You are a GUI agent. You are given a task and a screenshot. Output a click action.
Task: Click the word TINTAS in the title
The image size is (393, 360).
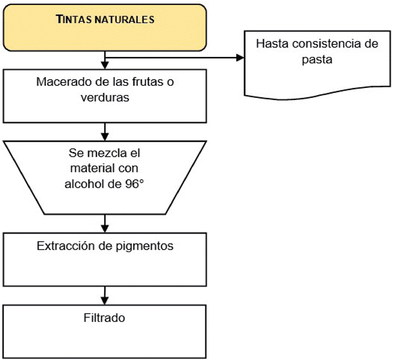click(74, 19)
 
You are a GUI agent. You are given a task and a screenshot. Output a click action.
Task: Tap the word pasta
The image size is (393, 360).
click(317, 59)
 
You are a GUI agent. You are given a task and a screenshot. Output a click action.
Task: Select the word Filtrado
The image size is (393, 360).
click(105, 318)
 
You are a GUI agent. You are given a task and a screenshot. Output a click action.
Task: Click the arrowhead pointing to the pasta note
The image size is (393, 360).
click(240, 57)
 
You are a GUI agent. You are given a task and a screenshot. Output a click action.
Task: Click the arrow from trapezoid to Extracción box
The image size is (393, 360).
click(105, 224)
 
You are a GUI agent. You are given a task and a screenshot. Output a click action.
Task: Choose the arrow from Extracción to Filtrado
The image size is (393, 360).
click(105, 294)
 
